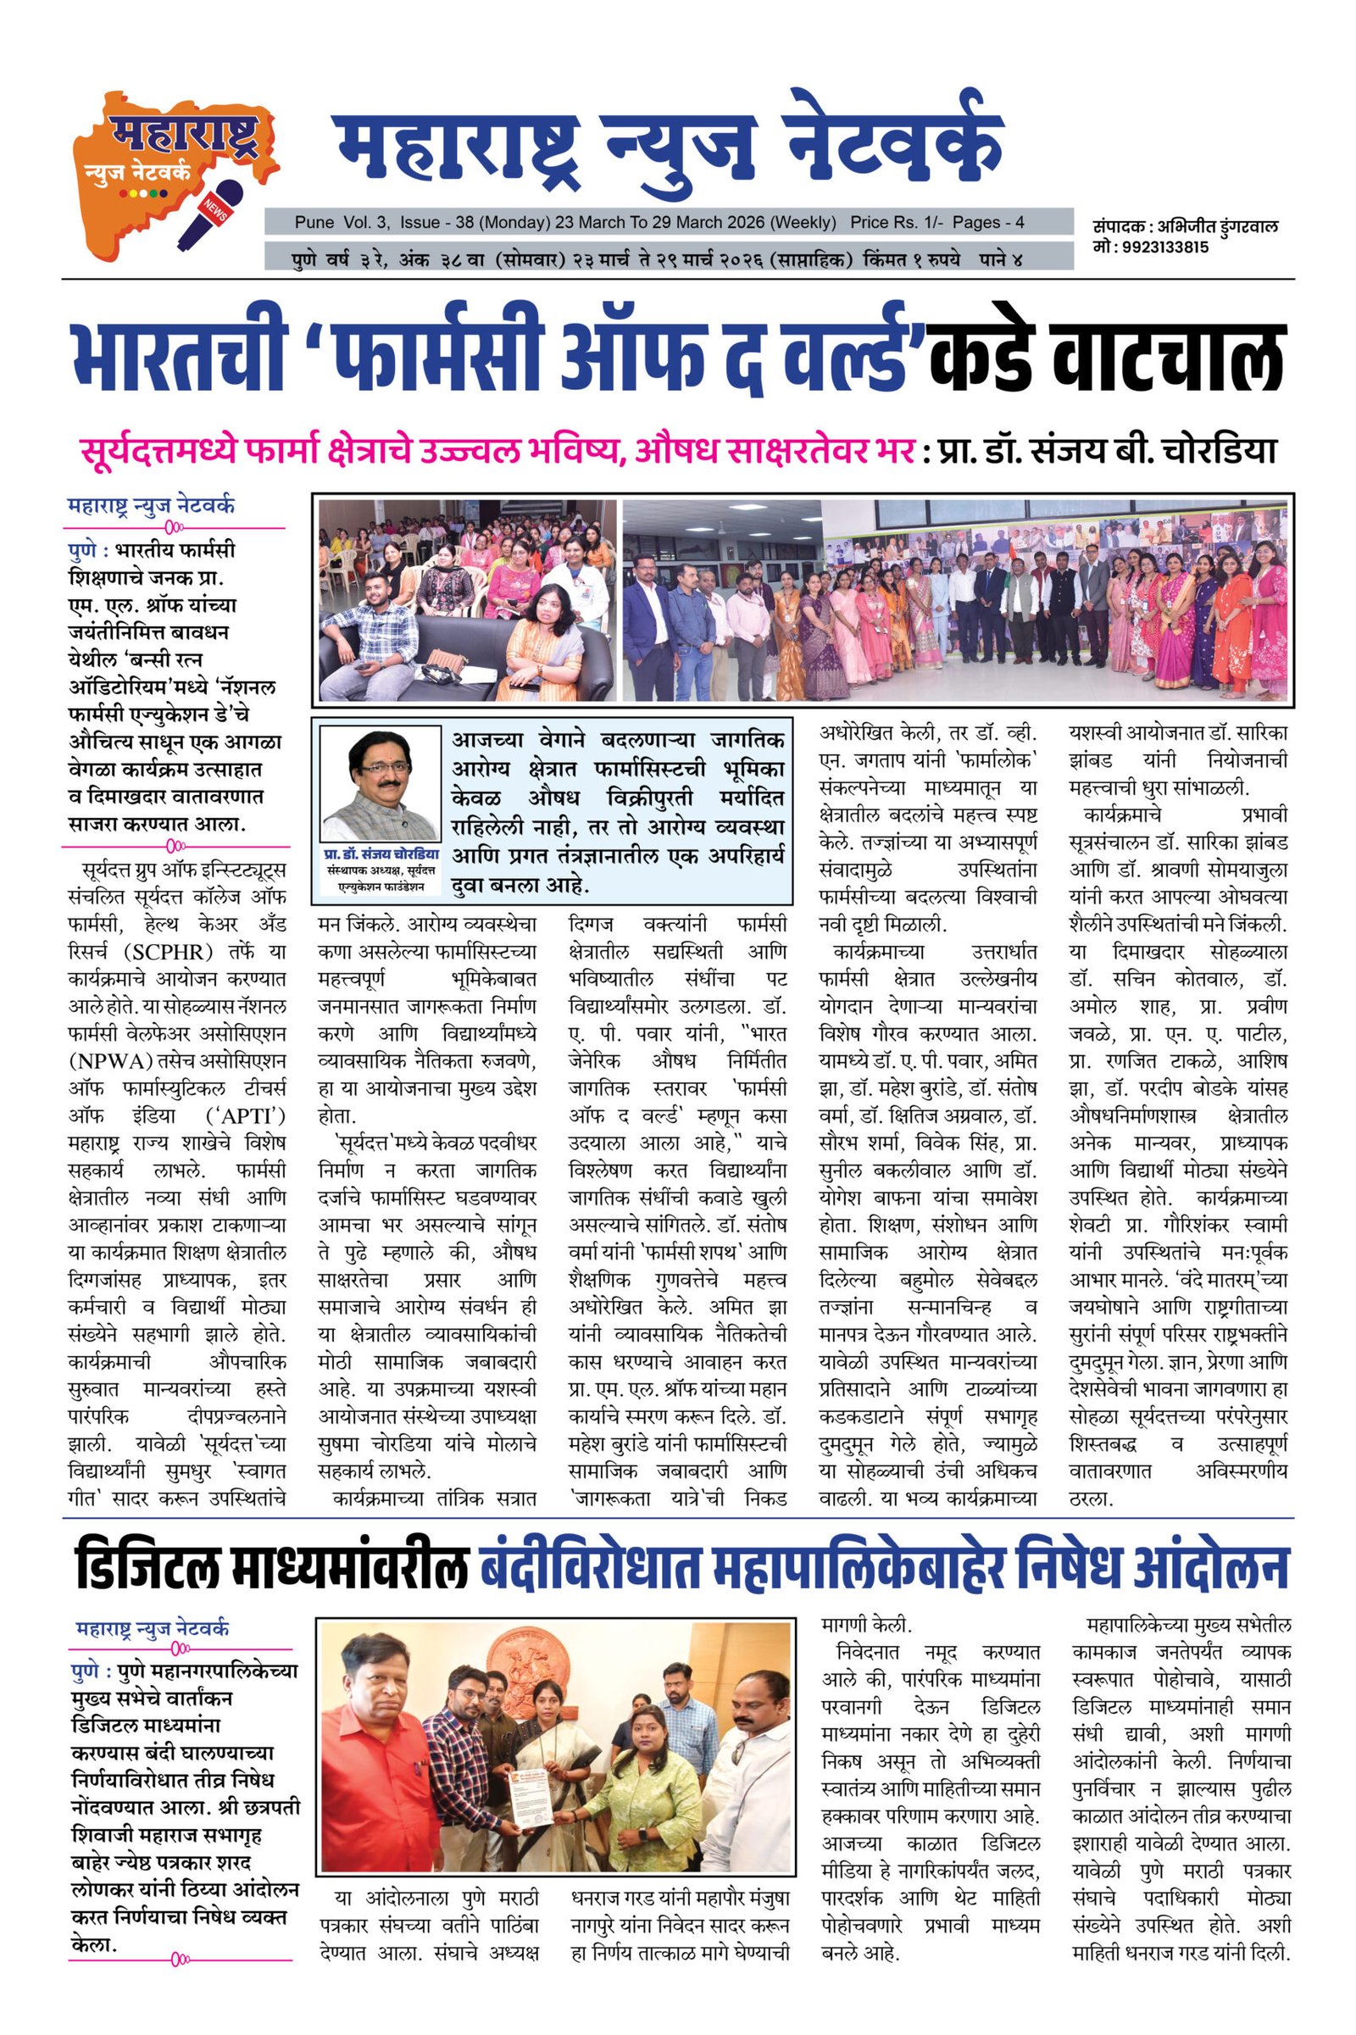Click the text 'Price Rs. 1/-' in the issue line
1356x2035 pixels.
coord(897,222)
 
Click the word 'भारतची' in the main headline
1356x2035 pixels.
coord(178,354)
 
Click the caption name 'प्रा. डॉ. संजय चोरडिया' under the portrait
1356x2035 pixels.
coord(381,853)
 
